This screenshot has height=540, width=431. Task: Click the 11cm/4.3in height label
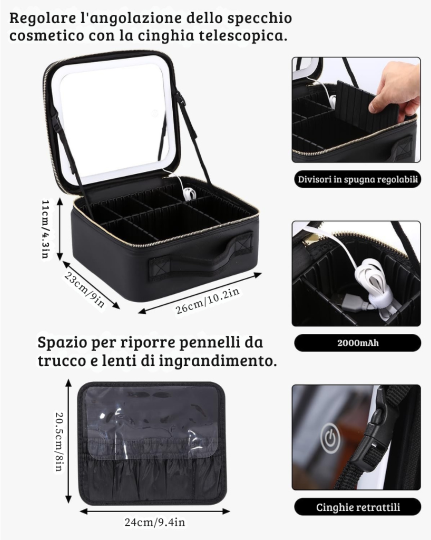(46, 229)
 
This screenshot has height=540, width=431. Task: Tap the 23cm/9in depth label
(84, 290)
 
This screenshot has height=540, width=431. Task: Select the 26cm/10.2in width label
(208, 301)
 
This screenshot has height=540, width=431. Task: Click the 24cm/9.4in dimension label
(155, 522)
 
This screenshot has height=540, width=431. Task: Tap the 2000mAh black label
(358, 343)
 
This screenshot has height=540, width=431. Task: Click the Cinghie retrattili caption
(358, 507)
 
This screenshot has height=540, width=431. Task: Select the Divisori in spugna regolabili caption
(358, 179)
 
